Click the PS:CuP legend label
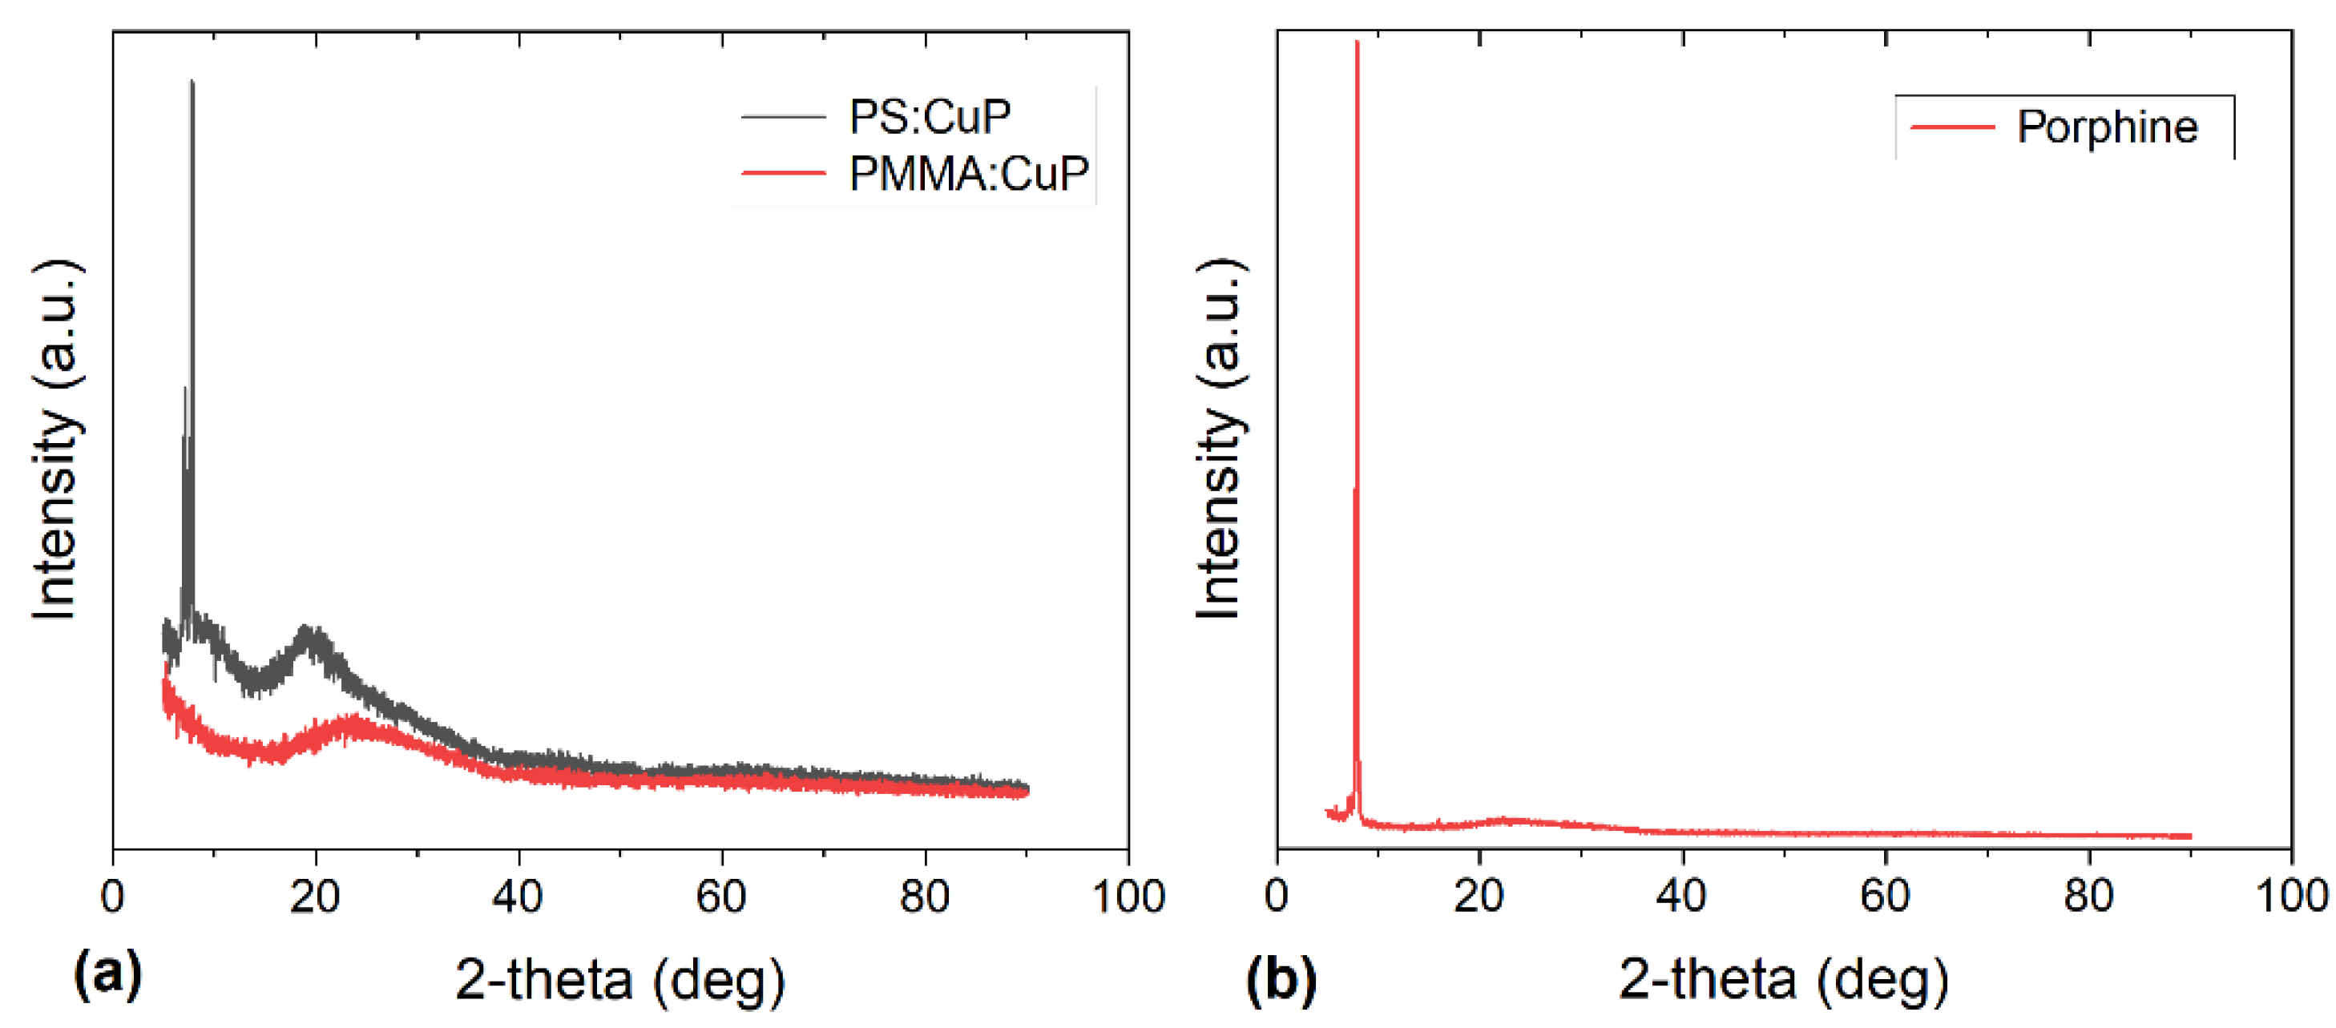(x=930, y=118)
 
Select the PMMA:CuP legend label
(x=967, y=173)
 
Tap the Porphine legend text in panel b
(x=2107, y=127)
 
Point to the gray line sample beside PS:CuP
(x=783, y=118)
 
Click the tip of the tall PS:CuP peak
(x=192, y=83)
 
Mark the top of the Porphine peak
(x=1357, y=42)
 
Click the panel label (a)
(x=108, y=974)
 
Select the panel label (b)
(x=1281, y=979)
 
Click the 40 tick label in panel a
(x=518, y=897)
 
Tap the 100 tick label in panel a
(x=1128, y=897)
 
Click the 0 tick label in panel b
(x=1277, y=897)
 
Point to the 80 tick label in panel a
(x=924, y=897)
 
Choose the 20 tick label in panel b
(x=1479, y=897)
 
